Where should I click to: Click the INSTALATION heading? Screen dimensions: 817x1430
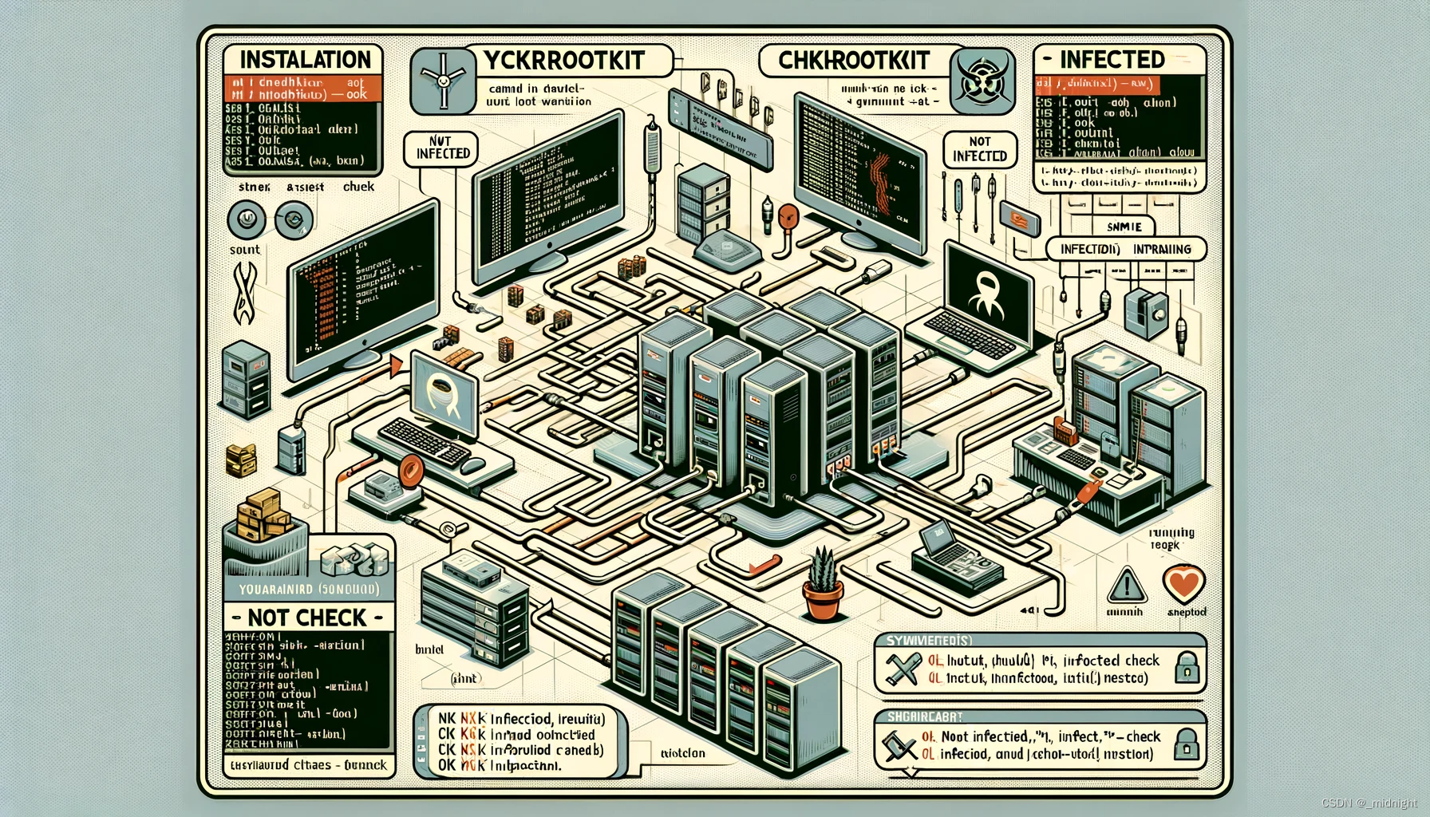(305, 60)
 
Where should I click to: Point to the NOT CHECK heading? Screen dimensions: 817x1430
(307, 618)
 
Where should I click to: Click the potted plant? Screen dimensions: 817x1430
(824, 585)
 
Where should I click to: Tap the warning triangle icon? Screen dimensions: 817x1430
(1127, 586)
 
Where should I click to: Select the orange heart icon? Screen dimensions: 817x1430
(1183, 585)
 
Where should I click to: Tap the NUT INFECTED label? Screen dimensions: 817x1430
(443, 148)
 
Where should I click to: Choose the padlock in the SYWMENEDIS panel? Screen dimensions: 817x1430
(1187, 667)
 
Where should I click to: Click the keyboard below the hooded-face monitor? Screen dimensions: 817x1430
(424, 443)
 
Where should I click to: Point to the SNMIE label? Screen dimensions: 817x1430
(1124, 227)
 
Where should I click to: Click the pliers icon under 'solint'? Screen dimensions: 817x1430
(243, 293)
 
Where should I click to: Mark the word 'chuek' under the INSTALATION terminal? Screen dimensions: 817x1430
(358, 187)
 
